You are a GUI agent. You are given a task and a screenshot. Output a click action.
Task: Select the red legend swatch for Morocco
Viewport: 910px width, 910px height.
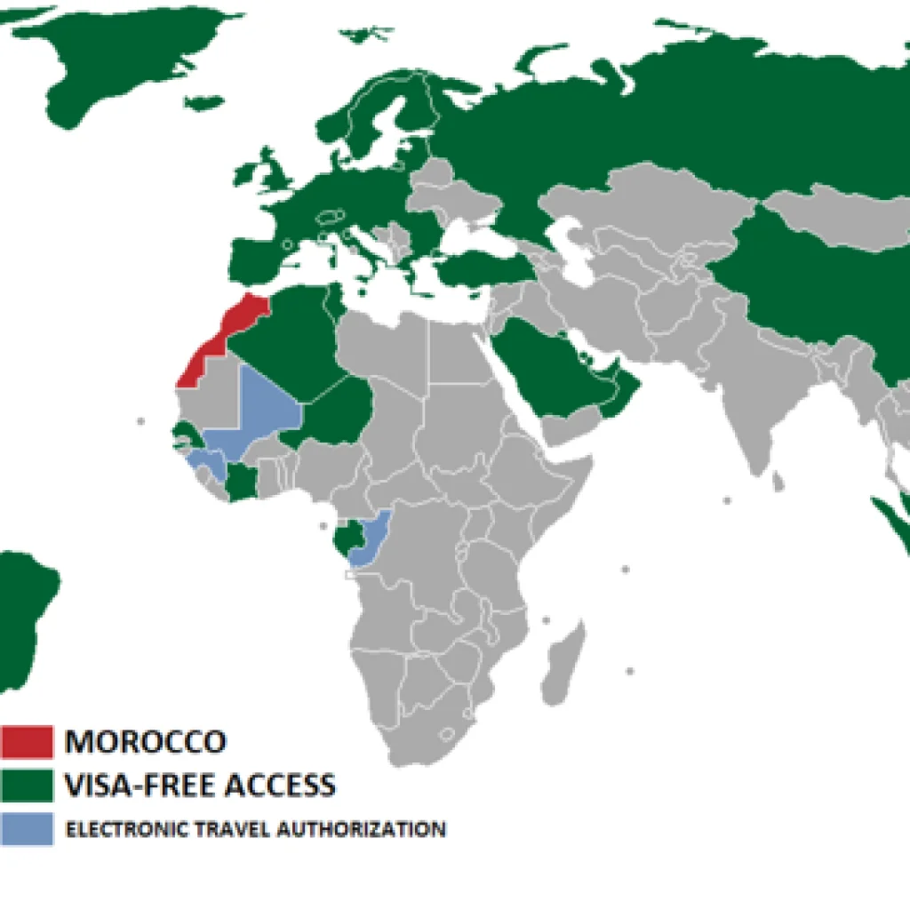click(27, 741)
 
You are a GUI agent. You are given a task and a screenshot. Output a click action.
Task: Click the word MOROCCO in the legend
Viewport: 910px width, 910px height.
click(146, 741)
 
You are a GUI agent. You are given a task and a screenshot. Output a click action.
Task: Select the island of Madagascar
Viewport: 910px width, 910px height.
click(563, 662)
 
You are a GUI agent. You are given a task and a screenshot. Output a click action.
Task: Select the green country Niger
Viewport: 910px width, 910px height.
click(342, 409)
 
